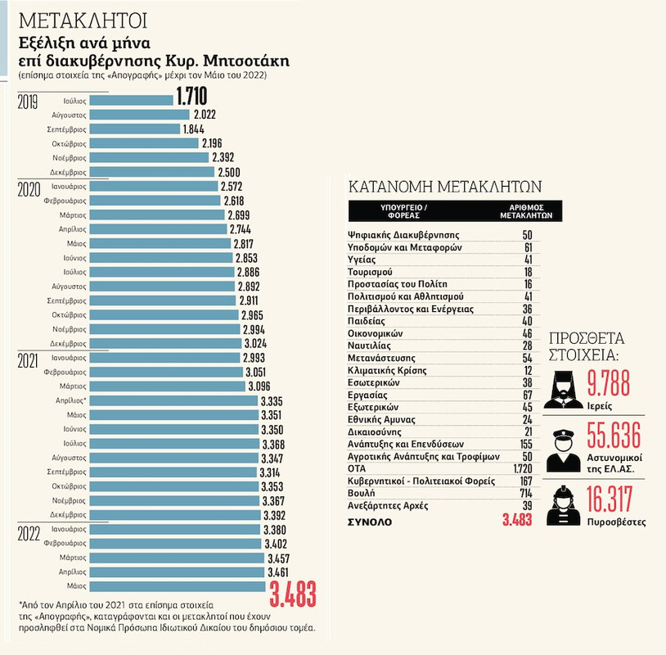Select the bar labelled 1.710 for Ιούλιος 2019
[130, 99]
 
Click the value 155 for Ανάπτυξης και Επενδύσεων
[523, 442]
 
